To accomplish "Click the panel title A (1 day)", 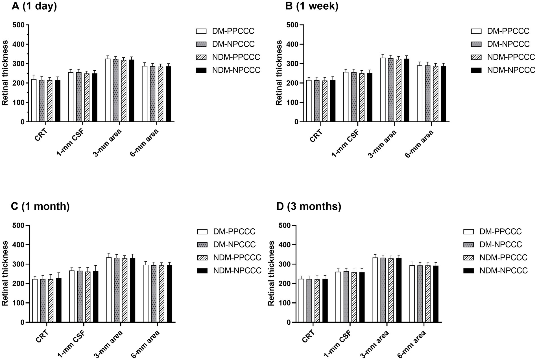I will pos(34,6).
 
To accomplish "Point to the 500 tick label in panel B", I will pos(292,25).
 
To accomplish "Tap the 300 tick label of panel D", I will pos(284,264).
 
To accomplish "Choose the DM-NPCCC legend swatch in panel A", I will pos(201,44).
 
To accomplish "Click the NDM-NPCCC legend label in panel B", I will pos(511,70).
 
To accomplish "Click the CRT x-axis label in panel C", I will pos(42,336).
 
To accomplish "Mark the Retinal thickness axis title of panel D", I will pos(271,273).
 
